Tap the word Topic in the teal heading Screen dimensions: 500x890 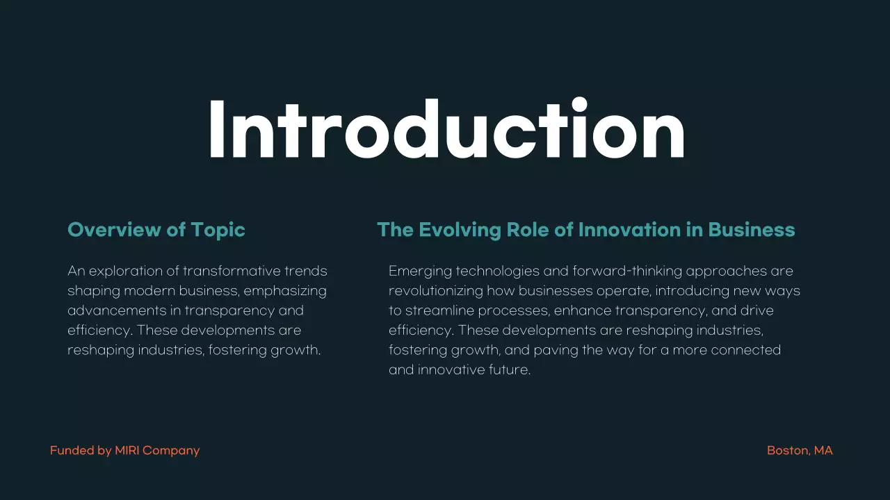[x=218, y=230]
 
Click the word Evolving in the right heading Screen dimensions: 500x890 [x=460, y=230]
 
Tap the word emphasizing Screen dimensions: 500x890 [x=285, y=290]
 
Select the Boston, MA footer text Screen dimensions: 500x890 [x=800, y=451]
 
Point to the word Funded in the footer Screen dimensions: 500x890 [x=72, y=451]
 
